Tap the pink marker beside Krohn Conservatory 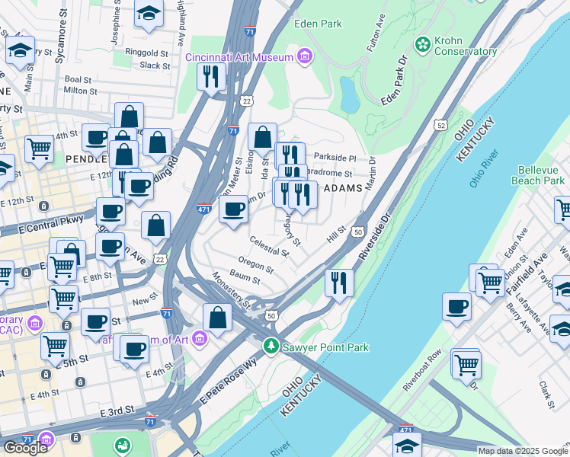(420, 45)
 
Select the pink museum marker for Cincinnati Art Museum (305, 56)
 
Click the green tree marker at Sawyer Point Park (270, 347)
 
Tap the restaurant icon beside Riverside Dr (338, 282)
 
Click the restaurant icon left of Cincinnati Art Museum (211, 75)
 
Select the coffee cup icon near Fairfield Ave (457, 306)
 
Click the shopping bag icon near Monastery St (218, 318)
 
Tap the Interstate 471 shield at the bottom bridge (406, 430)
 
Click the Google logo (25, 448)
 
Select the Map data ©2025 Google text (522, 451)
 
